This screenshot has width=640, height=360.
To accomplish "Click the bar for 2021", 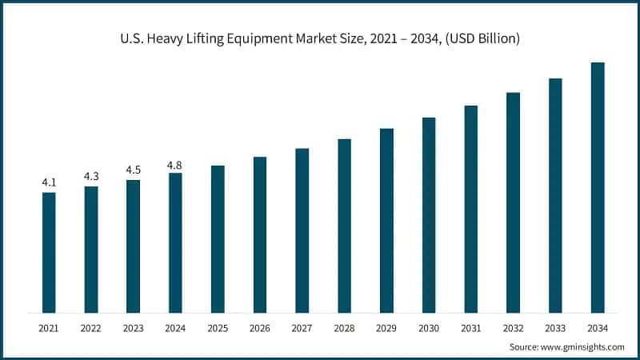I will point(49,252).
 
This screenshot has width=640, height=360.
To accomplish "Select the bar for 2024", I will point(175,242).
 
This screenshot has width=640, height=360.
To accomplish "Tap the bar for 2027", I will point(302,230).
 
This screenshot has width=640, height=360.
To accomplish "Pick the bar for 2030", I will point(429,215).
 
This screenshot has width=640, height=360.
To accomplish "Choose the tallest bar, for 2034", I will point(597,187).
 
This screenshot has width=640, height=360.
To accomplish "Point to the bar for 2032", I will point(513,202).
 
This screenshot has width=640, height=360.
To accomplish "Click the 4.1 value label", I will point(49,182).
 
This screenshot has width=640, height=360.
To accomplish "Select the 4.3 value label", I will point(91,176).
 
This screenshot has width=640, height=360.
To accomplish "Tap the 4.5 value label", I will point(133,170).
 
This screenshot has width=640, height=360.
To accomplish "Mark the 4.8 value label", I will point(175,165).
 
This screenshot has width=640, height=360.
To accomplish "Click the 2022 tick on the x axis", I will point(91,327).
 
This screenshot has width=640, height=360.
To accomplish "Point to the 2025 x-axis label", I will point(218,327).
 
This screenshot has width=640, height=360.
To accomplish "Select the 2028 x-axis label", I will point(344,327).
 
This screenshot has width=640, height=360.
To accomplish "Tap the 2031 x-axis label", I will point(470,327).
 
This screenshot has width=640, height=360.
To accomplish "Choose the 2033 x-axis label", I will point(555,327).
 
